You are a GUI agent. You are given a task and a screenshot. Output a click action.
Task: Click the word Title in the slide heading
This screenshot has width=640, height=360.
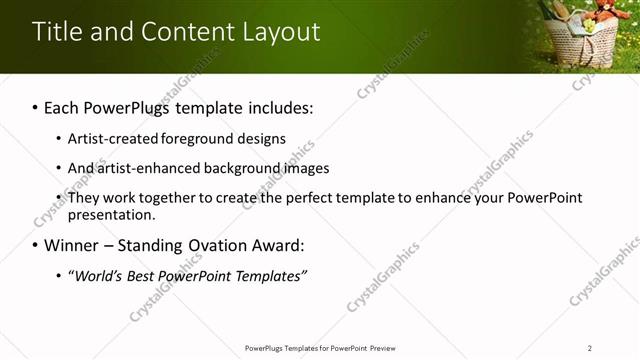click(56, 31)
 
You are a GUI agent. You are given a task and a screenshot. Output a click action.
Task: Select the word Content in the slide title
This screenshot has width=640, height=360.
click(186, 31)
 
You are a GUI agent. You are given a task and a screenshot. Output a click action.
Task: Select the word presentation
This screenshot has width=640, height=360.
click(111, 214)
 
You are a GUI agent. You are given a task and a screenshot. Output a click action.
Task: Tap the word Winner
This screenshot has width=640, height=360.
click(74, 245)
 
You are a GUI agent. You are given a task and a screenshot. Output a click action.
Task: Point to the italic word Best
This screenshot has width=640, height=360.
click(143, 275)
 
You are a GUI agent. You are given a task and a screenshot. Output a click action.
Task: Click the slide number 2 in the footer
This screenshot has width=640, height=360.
click(590, 348)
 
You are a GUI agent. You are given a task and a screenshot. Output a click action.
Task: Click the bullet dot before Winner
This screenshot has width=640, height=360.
click(36, 246)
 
